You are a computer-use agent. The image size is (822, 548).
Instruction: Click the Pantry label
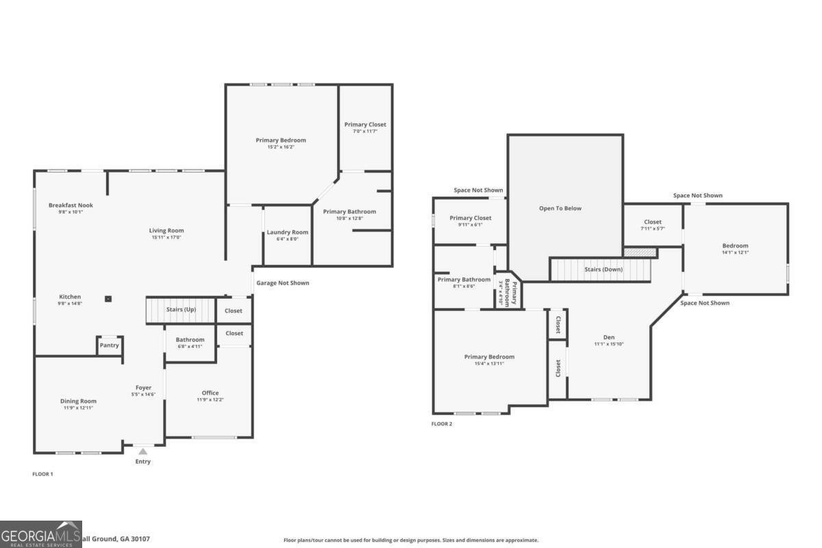pyautogui.click(x=110, y=345)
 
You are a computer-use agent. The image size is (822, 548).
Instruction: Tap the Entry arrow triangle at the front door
pyautogui.click(x=142, y=451)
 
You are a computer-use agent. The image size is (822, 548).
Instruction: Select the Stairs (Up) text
pyautogui.click(x=181, y=310)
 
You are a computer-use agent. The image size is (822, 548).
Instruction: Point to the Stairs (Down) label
pyautogui.click(x=603, y=269)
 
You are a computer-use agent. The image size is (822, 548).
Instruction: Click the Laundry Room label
pyautogui.click(x=288, y=232)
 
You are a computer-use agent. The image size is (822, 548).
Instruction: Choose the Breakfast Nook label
pyautogui.click(x=71, y=205)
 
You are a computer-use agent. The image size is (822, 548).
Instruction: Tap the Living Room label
pyautogui.click(x=166, y=230)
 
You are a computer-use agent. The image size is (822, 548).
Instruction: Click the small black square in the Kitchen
pyautogui.click(x=108, y=299)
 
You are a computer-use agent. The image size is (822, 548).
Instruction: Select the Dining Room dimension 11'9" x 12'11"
pyautogui.click(x=78, y=408)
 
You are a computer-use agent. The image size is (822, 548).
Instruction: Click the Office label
pyautogui.click(x=210, y=393)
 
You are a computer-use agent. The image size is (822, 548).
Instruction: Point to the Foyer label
pyautogui.click(x=143, y=388)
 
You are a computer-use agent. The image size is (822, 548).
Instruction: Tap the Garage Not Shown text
pyautogui.click(x=282, y=283)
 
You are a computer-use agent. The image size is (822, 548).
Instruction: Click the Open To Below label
pyautogui.click(x=560, y=208)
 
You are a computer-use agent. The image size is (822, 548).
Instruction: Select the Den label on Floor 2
pyautogui.click(x=609, y=337)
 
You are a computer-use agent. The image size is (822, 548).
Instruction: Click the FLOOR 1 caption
pyautogui.click(x=42, y=474)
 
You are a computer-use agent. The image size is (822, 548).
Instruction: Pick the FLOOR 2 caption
pyautogui.click(x=441, y=424)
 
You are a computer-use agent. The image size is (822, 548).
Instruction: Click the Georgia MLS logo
pyautogui.click(x=41, y=534)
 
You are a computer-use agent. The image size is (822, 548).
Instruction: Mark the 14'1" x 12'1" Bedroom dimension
pyautogui.click(x=735, y=252)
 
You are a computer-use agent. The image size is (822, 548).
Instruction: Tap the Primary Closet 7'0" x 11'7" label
pyautogui.click(x=365, y=131)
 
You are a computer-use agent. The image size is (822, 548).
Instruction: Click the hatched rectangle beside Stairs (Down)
pyautogui.click(x=639, y=253)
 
